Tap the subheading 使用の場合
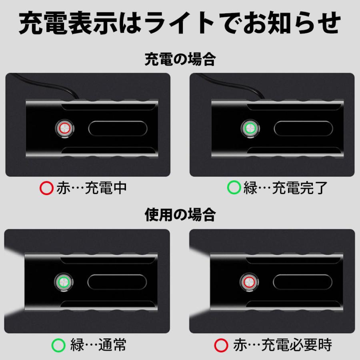(180, 215)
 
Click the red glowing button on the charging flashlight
(64, 128)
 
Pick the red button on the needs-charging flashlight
(248, 282)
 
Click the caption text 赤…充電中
(92, 188)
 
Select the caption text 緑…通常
(98, 344)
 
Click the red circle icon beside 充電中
(47, 188)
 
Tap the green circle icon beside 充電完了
(234, 188)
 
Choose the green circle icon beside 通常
(59, 344)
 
